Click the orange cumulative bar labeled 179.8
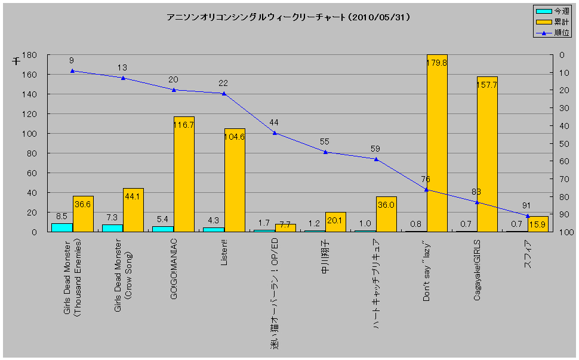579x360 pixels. pyautogui.click(x=437, y=143)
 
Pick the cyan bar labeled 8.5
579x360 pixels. pyautogui.click(x=61, y=227)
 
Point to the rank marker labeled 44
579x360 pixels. pyautogui.click(x=275, y=133)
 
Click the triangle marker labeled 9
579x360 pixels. pyautogui.click(x=72, y=70)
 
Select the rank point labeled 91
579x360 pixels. pyautogui.click(x=527, y=216)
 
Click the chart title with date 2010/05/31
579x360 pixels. pyautogui.click(x=288, y=18)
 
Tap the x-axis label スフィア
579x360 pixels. pyautogui.click(x=528, y=254)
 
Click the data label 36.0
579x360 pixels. pyautogui.click(x=386, y=205)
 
